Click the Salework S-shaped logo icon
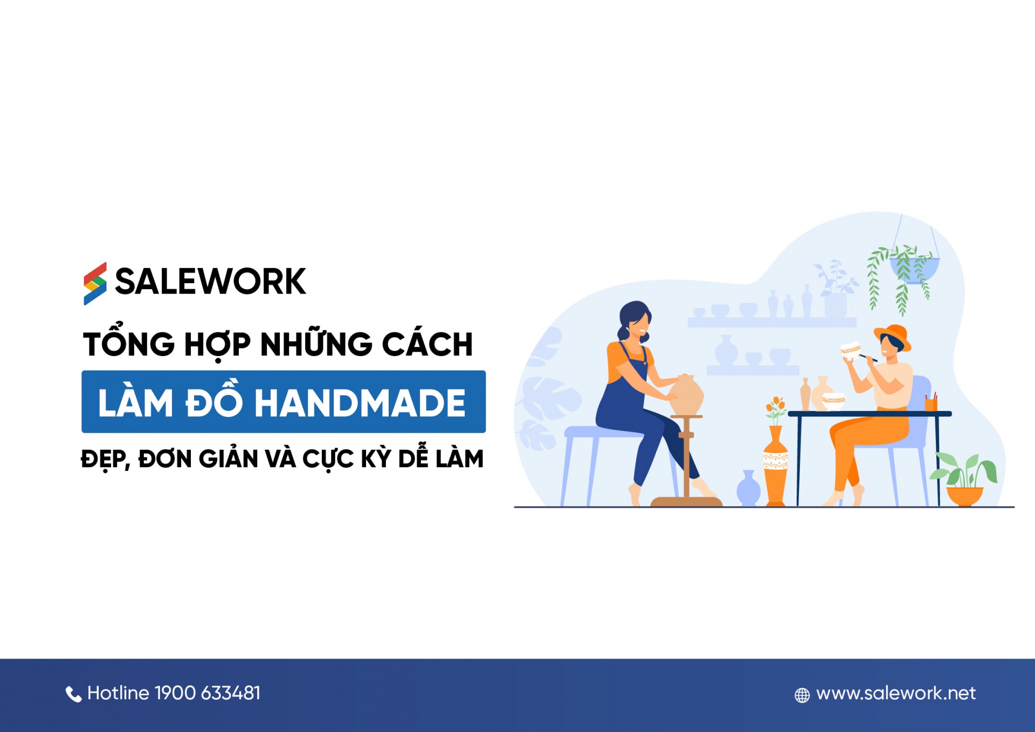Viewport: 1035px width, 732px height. (95, 283)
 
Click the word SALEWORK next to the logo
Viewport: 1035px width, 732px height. (210, 282)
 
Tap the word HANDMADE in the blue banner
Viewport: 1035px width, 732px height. (360, 403)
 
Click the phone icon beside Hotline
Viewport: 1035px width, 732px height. (73, 694)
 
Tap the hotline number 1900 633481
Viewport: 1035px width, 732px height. (208, 693)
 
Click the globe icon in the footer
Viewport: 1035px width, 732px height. (802, 695)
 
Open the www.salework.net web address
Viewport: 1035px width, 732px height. (895, 693)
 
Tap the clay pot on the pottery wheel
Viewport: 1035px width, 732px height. (686, 395)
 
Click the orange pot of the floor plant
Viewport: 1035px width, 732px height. (964, 495)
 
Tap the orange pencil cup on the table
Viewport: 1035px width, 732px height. (931, 403)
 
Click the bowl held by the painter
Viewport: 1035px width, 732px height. (851, 350)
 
